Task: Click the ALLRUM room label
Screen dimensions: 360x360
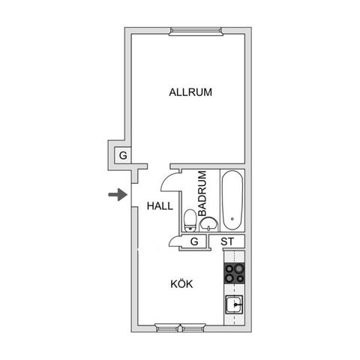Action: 190,92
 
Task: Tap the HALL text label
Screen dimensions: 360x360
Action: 160,206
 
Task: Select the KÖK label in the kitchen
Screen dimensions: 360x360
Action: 181,284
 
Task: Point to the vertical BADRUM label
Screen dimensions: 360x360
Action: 202,193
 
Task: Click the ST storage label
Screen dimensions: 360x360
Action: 227,241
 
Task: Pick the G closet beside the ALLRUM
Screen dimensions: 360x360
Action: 123,155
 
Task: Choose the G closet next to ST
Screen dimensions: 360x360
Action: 194,241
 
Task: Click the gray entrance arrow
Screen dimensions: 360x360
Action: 118,194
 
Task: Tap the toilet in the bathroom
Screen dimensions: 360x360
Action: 190,220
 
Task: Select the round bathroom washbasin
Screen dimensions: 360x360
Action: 209,224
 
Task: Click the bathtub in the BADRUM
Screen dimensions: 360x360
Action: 232,200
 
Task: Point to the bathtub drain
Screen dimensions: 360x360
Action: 232,219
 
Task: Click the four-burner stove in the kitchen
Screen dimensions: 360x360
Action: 234,273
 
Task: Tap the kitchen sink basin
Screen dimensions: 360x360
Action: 234,304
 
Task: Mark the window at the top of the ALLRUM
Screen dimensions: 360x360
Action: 196,31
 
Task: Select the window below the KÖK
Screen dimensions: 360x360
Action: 180,328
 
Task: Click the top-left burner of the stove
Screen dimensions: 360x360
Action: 229,268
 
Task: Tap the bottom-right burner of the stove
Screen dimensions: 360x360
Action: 240,278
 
